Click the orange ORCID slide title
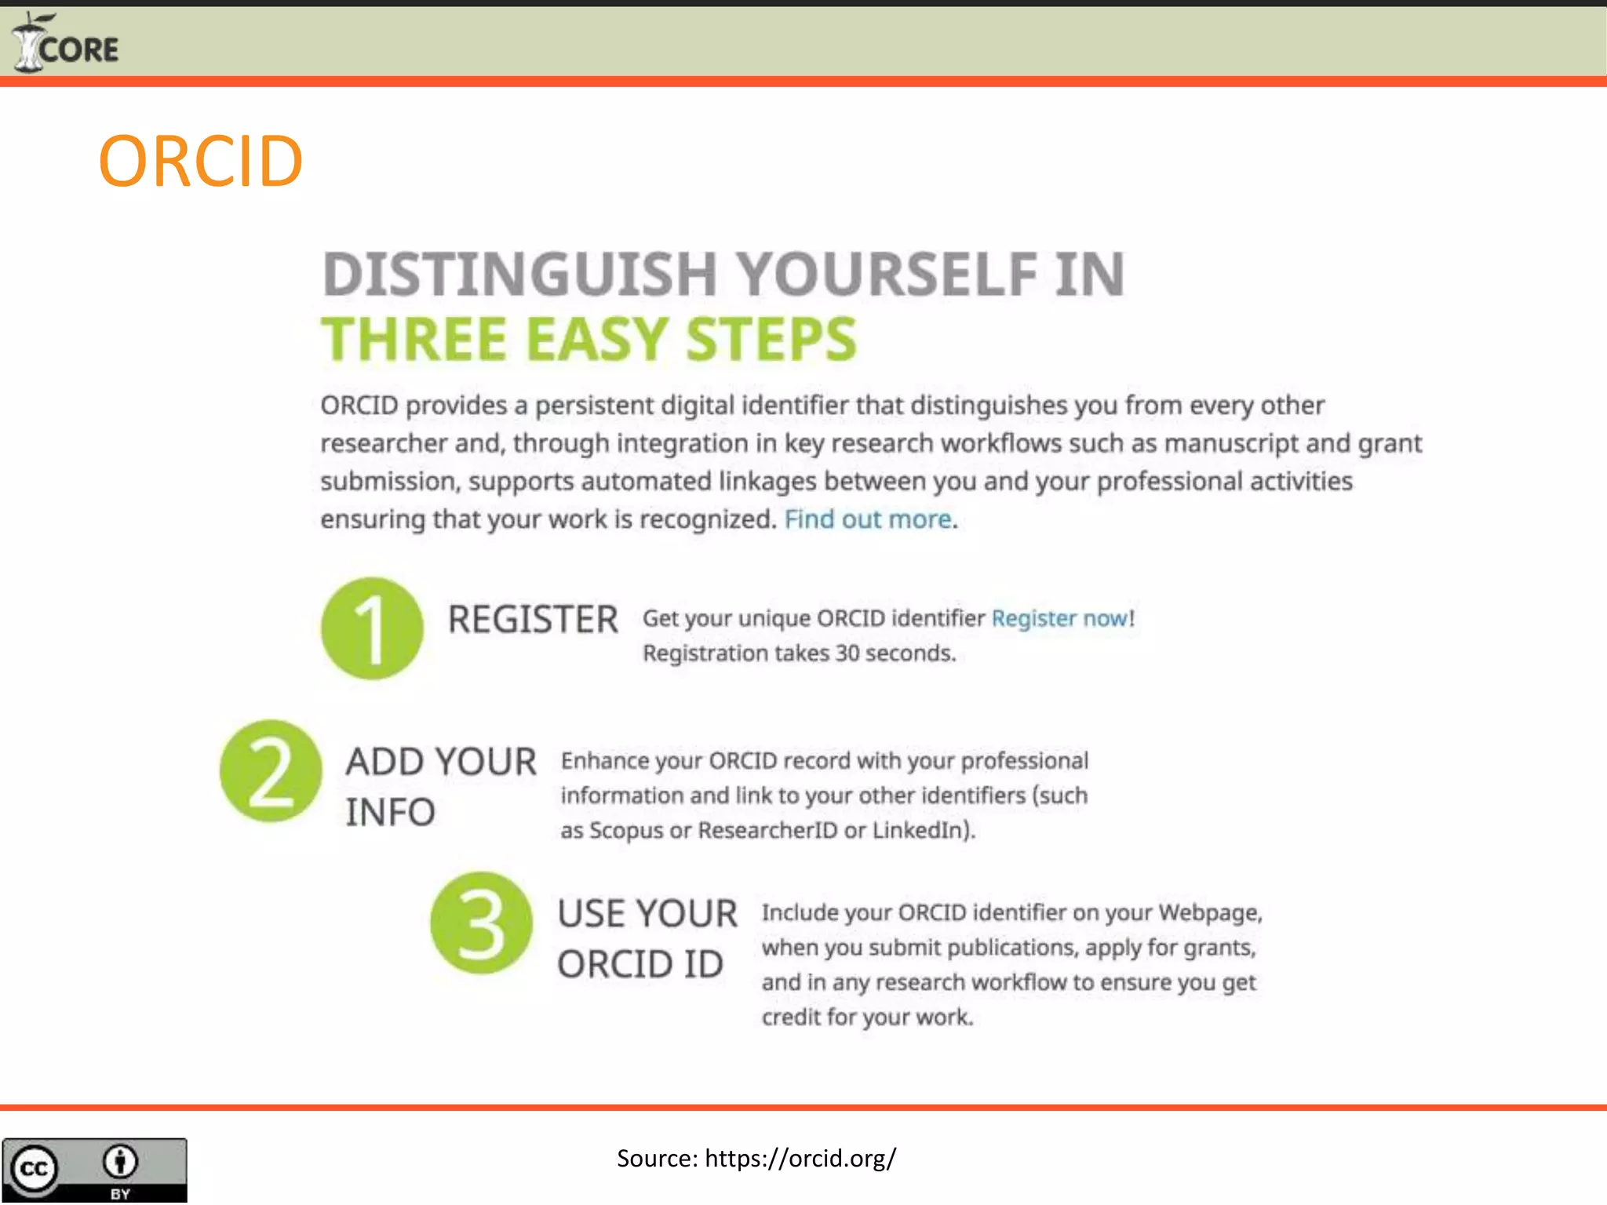click(x=201, y=162)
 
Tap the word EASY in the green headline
click(x=596, y=340)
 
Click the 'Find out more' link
click(x=868, y=519)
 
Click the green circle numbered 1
click(x=372, y=628)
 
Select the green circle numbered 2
click(x=271, y=771)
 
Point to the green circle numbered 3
click(x=481, y=923)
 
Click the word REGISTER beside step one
click(x=533, y=620)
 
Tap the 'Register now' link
click(x=1060, y=618)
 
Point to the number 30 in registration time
click(x=847, y=653)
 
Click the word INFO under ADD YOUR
click(x=390, y=813)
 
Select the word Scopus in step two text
click(x=626, y=830)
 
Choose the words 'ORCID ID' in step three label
click(x=640, y=965)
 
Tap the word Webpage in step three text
click(x=1208, y=913)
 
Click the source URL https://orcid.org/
click(x=800, y=1159)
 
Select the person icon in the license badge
click(x=120, y=1162)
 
